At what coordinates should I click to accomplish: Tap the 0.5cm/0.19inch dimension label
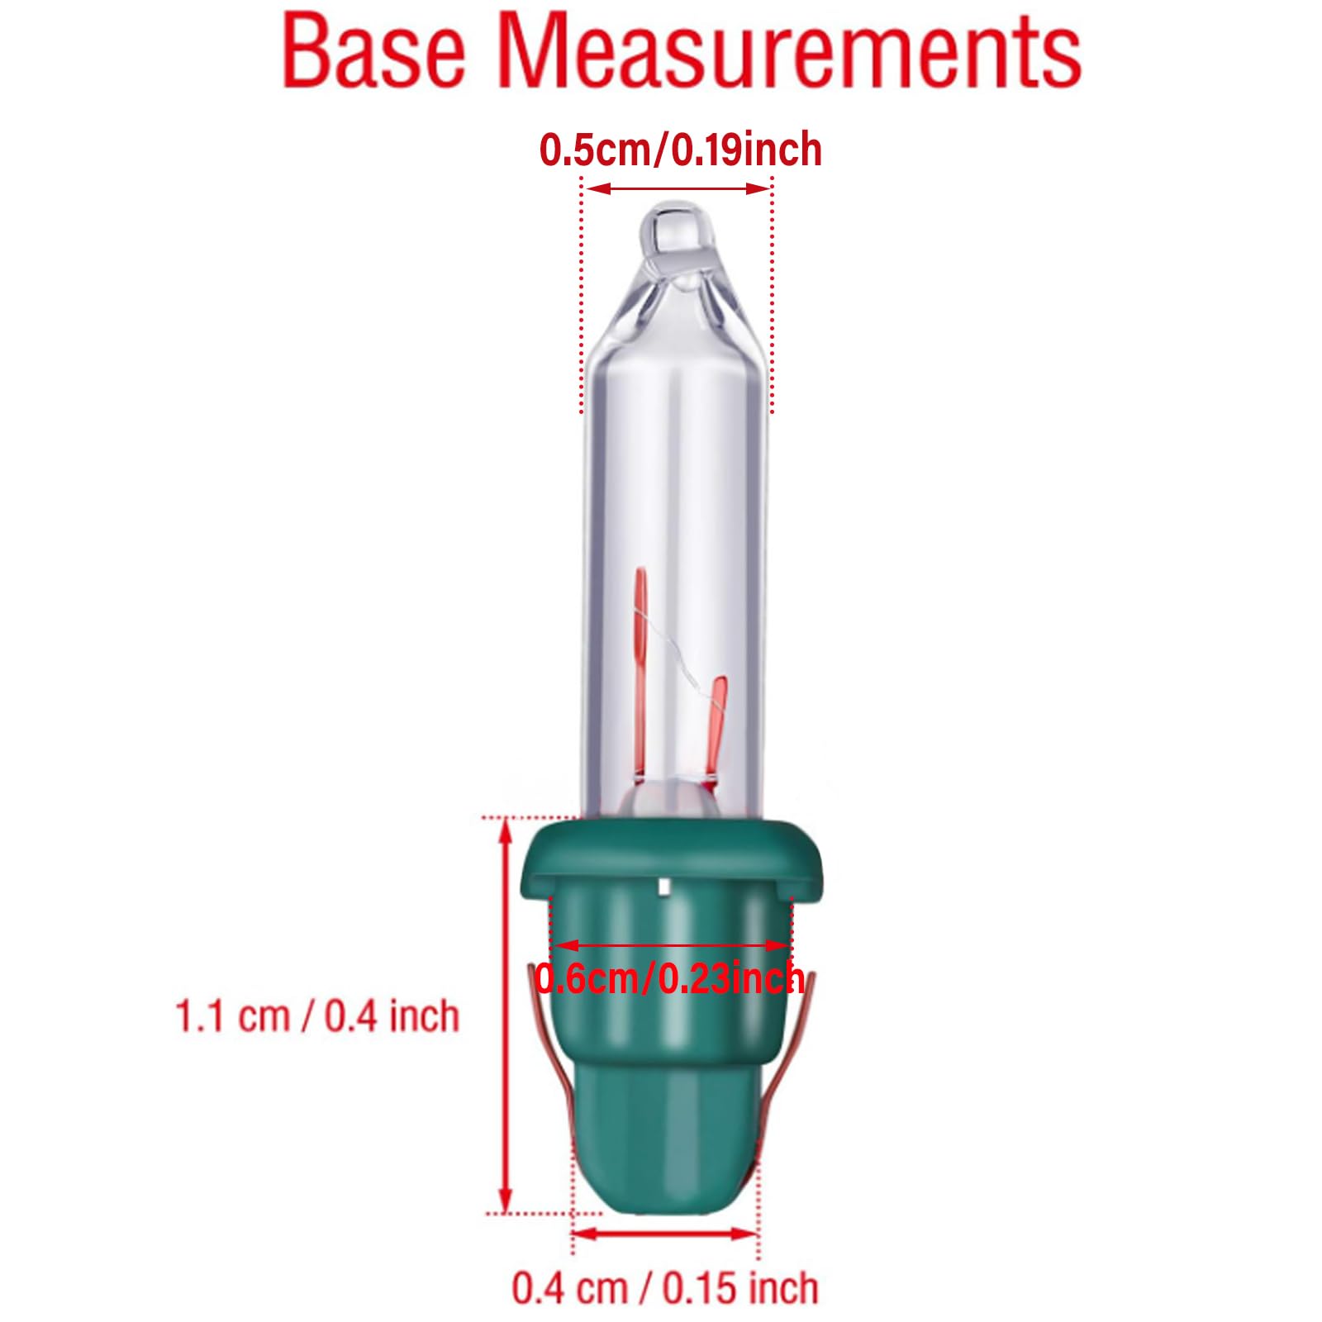point(680,150)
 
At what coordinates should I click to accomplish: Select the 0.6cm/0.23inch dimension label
point(669,978)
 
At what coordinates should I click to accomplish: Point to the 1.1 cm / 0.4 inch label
point(317,1015)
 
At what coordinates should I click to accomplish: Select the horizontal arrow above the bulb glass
point(678,188)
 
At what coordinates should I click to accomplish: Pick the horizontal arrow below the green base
point(665,1234)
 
